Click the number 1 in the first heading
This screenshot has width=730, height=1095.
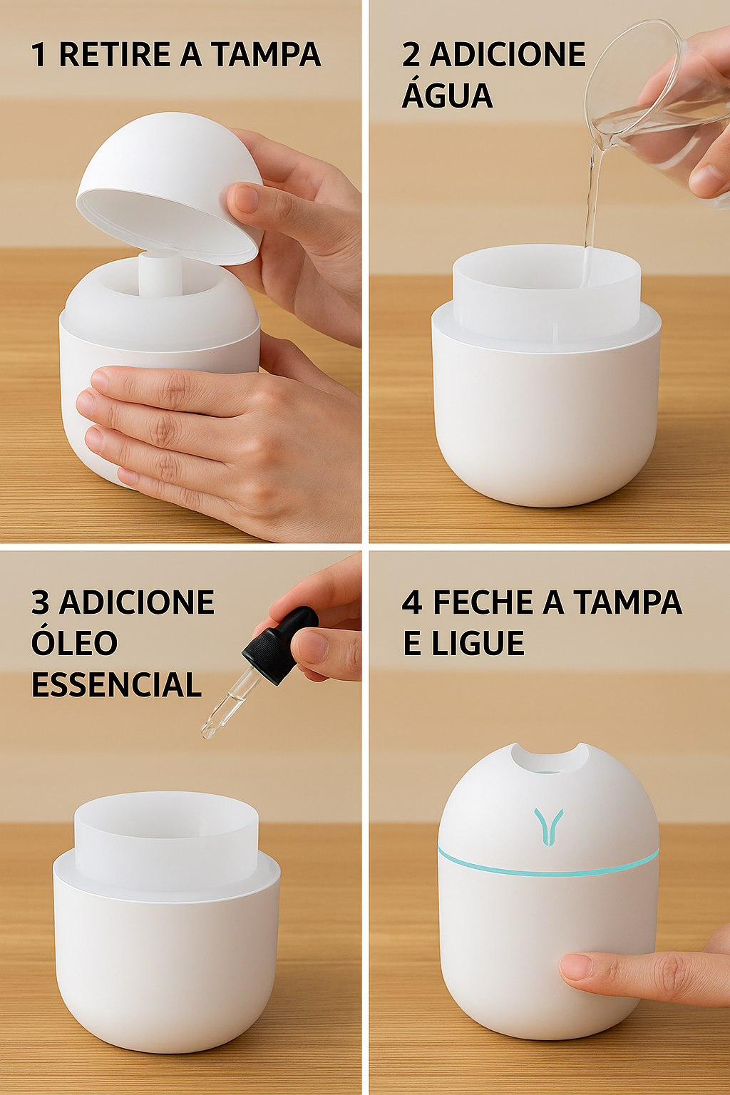38,55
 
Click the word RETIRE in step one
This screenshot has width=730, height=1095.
104,55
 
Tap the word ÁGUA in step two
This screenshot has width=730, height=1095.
447,96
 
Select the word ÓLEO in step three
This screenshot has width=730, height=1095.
74,643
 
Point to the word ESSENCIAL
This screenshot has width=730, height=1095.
116,685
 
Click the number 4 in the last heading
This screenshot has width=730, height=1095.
411,602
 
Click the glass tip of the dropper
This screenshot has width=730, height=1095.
209,729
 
